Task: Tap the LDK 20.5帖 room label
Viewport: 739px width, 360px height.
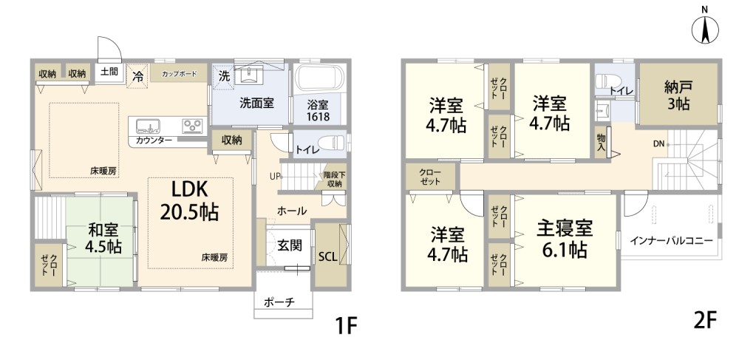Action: (189, 201)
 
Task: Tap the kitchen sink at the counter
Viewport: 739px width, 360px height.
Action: (148, 126)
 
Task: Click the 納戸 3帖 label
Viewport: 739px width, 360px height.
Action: (678, 95)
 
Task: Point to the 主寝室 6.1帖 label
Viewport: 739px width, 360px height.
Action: (564, 239)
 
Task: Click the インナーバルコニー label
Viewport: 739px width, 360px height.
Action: (671, 241)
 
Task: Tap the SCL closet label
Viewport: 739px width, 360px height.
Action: (327, 257)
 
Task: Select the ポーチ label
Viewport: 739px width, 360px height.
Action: (279, 302)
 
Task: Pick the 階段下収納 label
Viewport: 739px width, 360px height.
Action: (334, 180)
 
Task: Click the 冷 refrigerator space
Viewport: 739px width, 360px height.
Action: (137, 75)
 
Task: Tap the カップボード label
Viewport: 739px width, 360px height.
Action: (179, 74)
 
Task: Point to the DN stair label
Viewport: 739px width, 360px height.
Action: (658, 144)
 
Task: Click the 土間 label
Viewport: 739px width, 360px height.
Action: (109, 72)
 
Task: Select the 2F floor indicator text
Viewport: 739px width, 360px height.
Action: (706, 322)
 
